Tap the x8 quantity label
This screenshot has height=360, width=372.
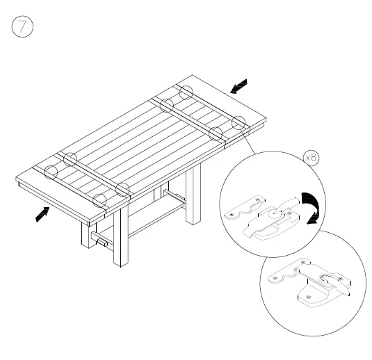[311, 158]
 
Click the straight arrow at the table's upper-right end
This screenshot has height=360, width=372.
[238, 86]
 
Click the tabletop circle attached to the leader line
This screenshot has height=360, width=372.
[238, 123]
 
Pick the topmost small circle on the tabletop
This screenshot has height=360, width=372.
[186, 92]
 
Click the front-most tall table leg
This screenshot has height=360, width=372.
[121, 236]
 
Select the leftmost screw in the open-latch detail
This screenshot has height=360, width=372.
[230, 217]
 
